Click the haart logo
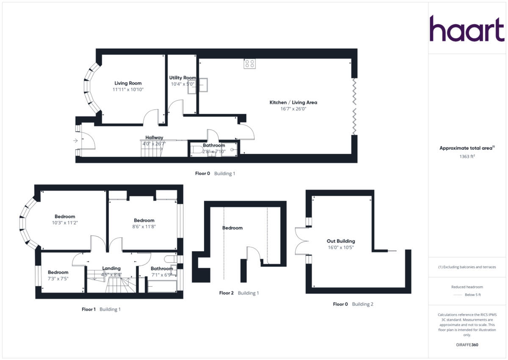click(467, 29)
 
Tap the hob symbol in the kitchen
click(249, 64)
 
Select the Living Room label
click(128, 83)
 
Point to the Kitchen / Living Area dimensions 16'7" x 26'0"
click(293, 109)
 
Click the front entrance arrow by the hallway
click(76, 141)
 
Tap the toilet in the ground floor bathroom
click(196, 150)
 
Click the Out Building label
click(341, 241)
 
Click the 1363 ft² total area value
click(467, 156)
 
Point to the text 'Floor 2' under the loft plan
click(226, 293)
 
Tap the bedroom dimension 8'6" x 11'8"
click(144, 227)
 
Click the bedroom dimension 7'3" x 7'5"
click(58, 279)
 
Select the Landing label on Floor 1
click(111, 268)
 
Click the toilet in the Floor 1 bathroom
click(170, 258)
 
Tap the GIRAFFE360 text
click(467, 345)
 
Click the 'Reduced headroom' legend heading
click(467, 287)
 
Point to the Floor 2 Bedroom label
click(232, 228)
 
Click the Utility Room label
click(182, 78)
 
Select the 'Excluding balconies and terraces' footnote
click(467, 267)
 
